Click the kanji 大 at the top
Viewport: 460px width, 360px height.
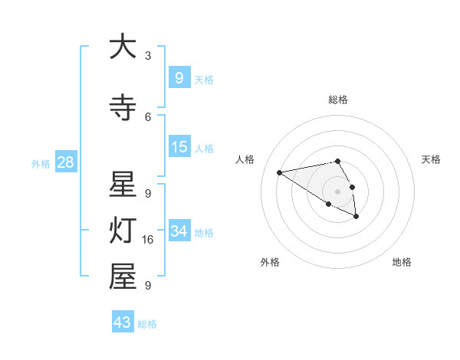pos(123,47)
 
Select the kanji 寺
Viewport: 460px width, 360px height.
pos(123,107)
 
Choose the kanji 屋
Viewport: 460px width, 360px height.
pos(123,277)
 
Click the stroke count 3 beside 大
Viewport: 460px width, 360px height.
pos(148,56)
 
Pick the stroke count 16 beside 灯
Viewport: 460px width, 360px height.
pos(149,240)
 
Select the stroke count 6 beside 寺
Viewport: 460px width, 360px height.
pos(148,116)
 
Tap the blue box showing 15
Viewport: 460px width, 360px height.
pos(179,147)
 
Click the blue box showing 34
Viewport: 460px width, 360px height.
pos(179,231)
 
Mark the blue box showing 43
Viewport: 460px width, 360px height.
pos(122,322)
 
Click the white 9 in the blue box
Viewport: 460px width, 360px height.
pos(179,77)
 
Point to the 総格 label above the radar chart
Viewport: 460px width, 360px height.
pos(338,100)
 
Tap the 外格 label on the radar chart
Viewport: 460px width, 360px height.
pos(270,262)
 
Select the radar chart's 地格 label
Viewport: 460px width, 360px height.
pos(402,262)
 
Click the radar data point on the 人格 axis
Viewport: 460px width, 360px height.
pos(280,172)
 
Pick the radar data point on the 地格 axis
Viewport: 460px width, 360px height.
pos(356,217)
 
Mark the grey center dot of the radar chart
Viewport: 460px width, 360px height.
pos(337,191)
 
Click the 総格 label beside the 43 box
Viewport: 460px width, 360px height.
pos(147,324)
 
